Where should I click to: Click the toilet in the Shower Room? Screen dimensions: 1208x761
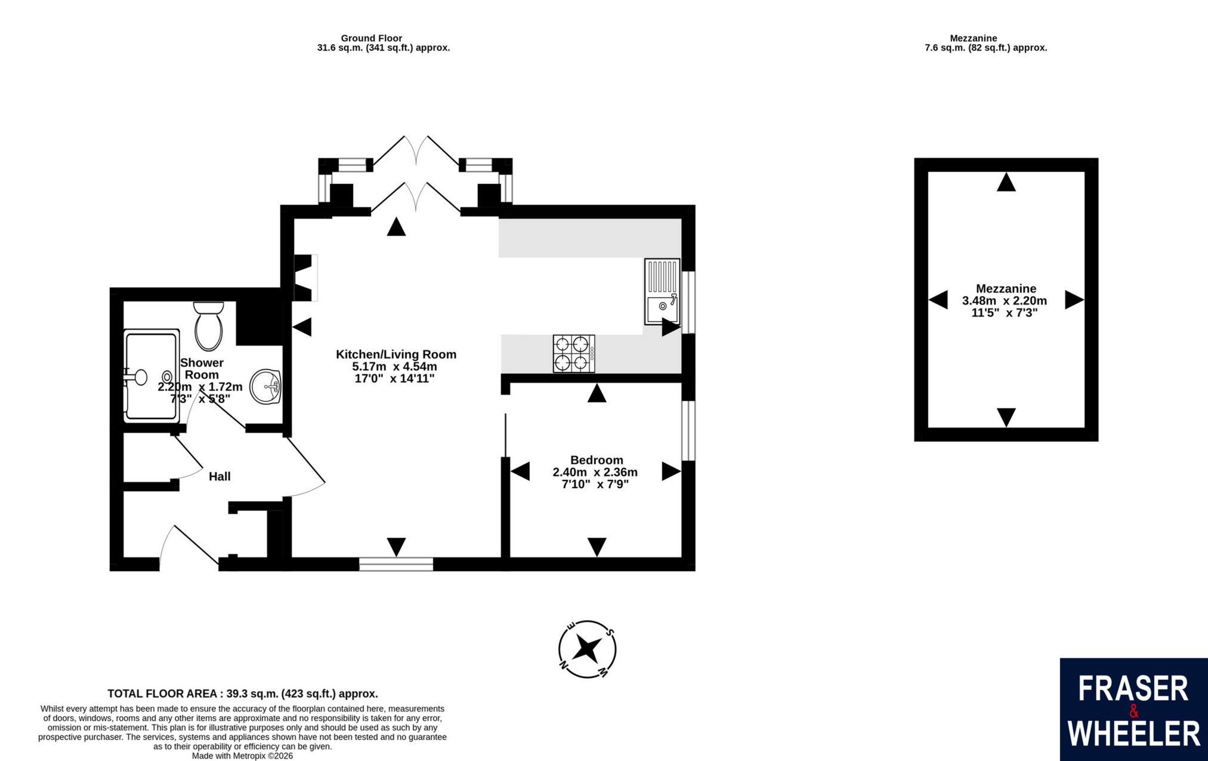208,326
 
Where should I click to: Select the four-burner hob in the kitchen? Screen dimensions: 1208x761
574,353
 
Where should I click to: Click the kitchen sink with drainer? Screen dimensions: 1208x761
662,291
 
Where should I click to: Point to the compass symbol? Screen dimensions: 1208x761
588,649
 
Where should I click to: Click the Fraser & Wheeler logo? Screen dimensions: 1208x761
1133,710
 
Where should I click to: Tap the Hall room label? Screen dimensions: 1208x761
220,476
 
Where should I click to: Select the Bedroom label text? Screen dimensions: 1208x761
597,460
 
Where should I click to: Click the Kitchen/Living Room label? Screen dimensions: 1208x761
396,355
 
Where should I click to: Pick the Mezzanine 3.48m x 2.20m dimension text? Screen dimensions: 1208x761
1005,301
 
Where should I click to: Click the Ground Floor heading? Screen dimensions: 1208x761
372,38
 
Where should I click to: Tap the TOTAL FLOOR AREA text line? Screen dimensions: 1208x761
243,694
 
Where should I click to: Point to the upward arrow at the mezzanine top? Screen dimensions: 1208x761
1006,182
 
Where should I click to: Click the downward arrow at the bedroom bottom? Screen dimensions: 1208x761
597,547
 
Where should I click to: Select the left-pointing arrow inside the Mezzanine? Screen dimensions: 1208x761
938,300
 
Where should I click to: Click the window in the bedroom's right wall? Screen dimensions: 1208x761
688,430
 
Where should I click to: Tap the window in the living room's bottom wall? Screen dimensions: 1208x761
396,564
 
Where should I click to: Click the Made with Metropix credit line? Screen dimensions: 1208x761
242,756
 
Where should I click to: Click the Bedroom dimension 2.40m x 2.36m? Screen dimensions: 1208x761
595,472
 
